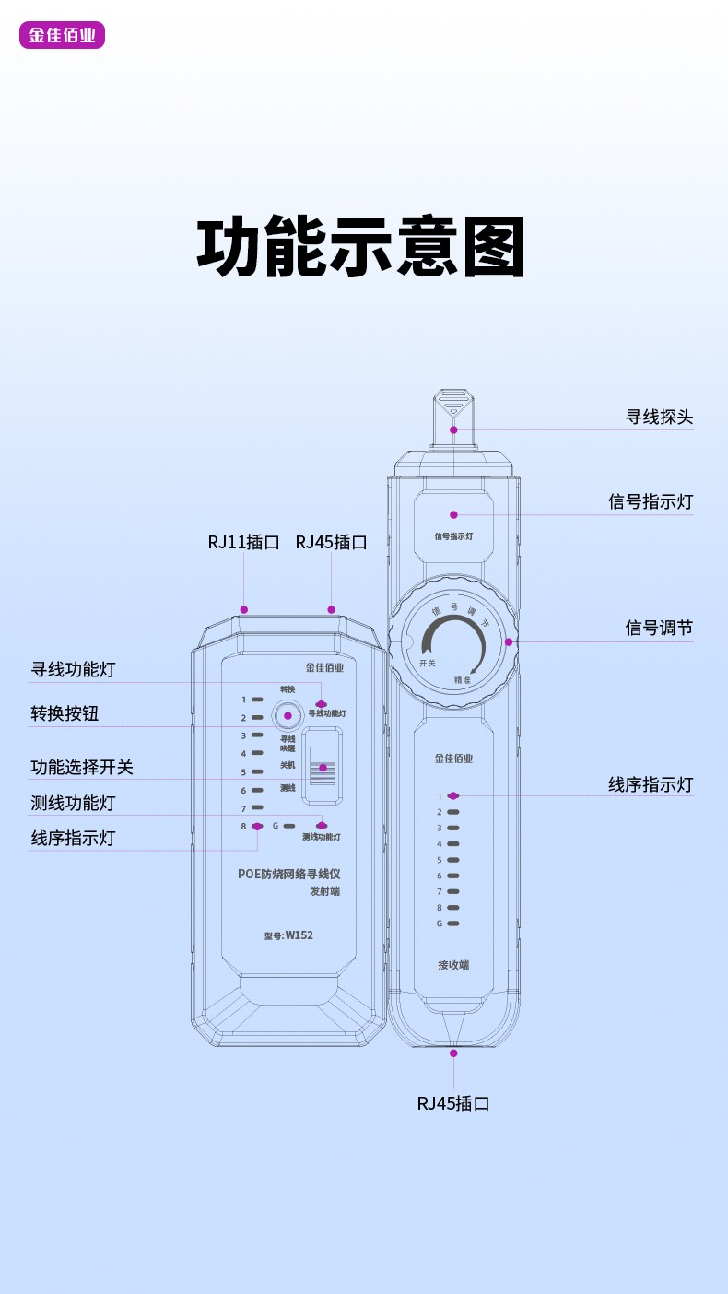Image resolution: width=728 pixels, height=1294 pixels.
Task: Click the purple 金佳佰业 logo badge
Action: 62,35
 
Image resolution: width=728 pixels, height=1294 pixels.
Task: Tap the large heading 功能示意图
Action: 361,247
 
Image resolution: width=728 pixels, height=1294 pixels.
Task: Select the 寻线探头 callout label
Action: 659,417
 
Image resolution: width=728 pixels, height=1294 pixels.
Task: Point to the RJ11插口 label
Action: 243,542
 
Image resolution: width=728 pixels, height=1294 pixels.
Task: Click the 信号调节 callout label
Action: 659,628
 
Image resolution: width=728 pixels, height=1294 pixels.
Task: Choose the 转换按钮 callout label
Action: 65,713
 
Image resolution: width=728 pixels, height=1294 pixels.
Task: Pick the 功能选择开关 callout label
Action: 82,767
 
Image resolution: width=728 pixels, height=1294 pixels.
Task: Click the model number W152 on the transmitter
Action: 288,935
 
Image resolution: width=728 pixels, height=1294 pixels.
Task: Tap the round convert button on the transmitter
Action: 288,716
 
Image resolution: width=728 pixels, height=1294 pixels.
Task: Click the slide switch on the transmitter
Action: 323,767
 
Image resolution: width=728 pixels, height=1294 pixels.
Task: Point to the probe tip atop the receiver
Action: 453,406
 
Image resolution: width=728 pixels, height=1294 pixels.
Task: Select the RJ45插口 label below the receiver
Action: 452,1103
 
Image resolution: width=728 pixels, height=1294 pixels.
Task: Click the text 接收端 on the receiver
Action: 453,965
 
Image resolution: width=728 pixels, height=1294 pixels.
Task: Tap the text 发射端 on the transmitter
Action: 324,891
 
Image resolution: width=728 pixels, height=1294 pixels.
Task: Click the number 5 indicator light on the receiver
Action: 453,860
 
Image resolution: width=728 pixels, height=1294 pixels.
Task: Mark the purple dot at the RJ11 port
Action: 244,609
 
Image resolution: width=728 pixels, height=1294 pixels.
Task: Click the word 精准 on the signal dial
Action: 463,680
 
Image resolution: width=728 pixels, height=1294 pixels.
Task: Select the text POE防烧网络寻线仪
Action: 288,874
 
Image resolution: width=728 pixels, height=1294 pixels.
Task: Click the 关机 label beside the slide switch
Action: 288,765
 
